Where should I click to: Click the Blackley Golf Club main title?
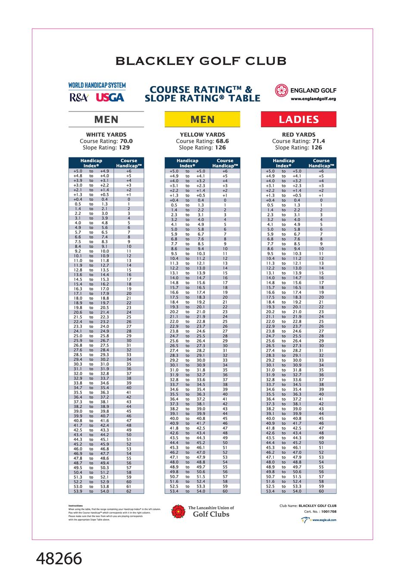pos(201,61)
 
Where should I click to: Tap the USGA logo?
pos(110,98)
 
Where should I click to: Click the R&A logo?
pos(79,98)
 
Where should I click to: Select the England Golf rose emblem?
pos(281,90)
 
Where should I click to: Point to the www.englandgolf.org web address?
pos(313,99)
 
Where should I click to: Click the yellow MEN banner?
pos(202,120)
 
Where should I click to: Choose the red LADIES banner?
pos(299,120)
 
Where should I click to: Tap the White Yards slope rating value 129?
pos(124,148)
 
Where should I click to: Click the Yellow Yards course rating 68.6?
pos(222,141)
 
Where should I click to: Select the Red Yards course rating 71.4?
pos(318,141)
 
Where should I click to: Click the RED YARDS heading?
pos(299,135)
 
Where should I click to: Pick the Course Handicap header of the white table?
pos(129,163)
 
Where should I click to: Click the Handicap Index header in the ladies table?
pos(283,163)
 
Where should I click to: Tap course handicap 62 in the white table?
pos(129,491)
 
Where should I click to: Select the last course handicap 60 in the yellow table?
pos(225,491)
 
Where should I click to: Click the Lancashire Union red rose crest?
pos(178,512)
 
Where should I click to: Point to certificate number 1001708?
pos(329,512)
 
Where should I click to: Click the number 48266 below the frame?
pos(59,559)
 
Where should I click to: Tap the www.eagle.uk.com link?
pos(324,520)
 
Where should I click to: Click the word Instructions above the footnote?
pos(75,506)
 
